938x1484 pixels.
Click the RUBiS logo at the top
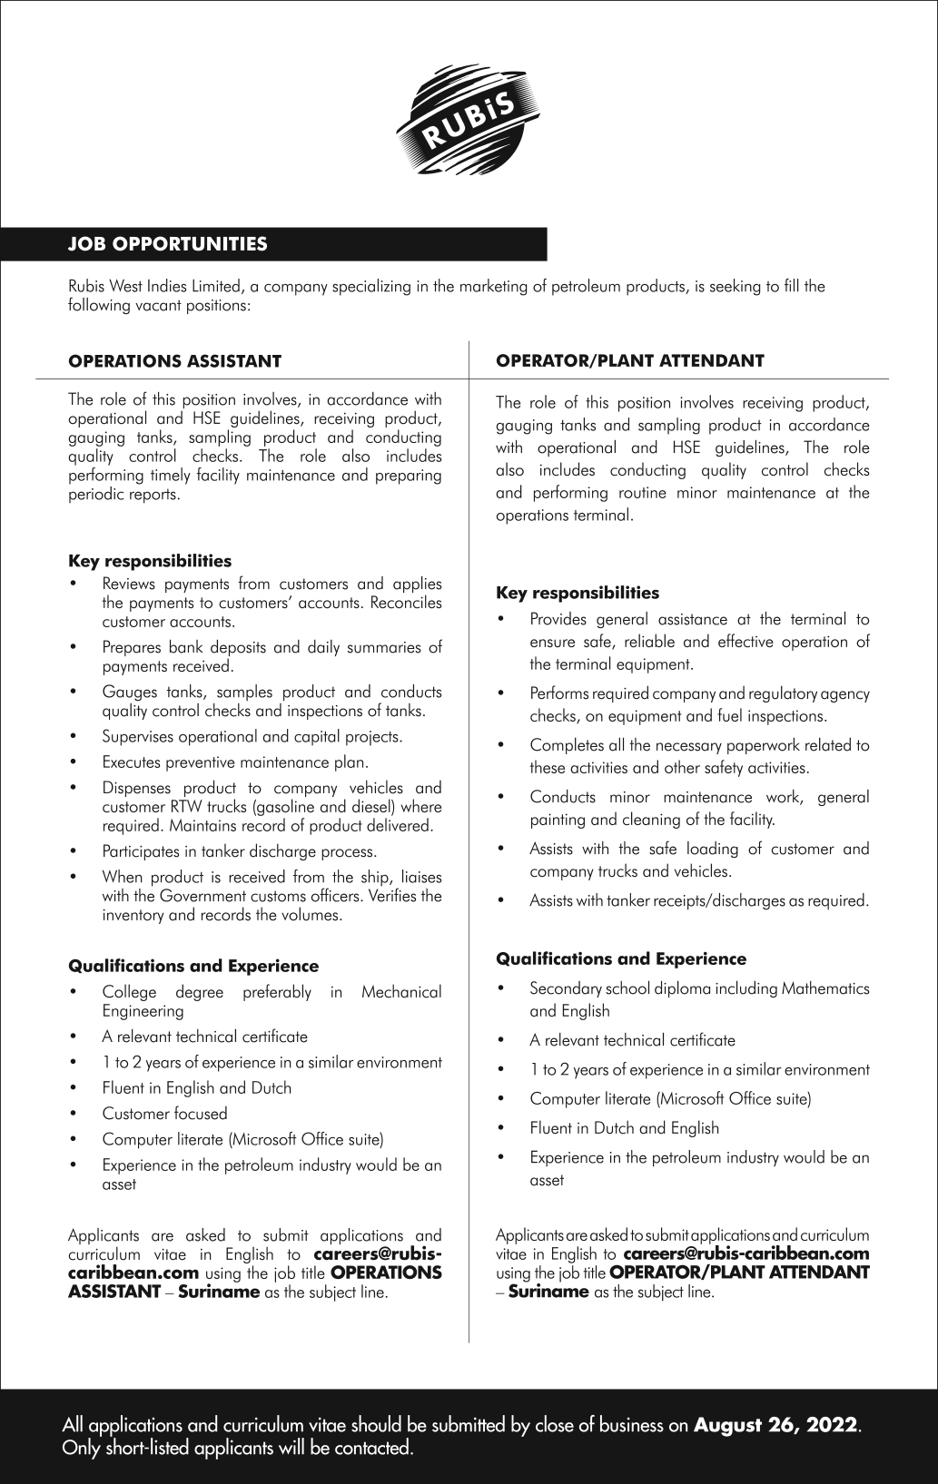coord(469,125)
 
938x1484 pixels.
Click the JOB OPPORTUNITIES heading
coord(168,244)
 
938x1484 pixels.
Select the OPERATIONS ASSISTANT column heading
coord(175,361)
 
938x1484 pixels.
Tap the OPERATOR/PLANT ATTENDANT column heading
coord(629,360)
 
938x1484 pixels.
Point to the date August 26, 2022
coord(775,1425)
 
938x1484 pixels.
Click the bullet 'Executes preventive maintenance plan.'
coord(235,762)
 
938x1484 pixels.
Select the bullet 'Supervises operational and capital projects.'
coord(252,736)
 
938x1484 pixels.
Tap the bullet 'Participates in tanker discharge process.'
coord(239,851)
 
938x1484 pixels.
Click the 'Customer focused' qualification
coord(164,1114)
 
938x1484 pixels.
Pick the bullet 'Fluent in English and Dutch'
coord(197,1088)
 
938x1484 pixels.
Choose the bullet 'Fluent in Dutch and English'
coord(624,1128)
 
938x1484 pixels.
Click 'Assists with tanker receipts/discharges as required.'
coord(699,901)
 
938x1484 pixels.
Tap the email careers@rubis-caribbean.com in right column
coord(746,1254)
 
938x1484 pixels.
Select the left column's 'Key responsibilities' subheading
coord(150,561)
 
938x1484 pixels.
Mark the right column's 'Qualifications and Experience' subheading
coord(621,959)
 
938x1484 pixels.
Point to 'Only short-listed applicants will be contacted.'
coord(237,1449)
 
